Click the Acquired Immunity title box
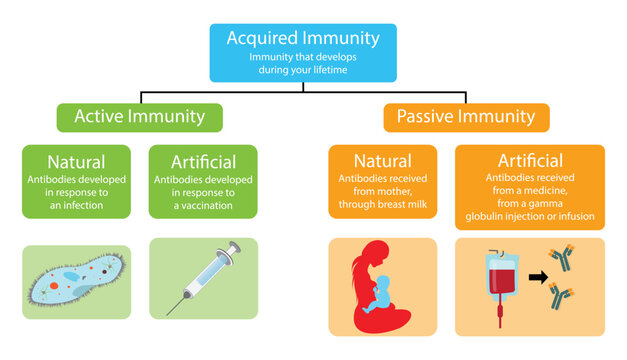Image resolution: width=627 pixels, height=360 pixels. (303, 52)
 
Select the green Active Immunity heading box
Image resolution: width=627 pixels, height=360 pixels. (139, 117)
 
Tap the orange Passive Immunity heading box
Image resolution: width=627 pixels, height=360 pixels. (465, 117)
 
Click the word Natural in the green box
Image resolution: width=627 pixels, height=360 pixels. (77, 161)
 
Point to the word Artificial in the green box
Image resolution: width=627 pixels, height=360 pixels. (203, 161)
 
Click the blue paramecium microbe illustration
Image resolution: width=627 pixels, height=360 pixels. (77, 279)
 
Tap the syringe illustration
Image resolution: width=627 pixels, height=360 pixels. (204, 275)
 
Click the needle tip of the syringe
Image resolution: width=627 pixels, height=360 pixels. (169, 311)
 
